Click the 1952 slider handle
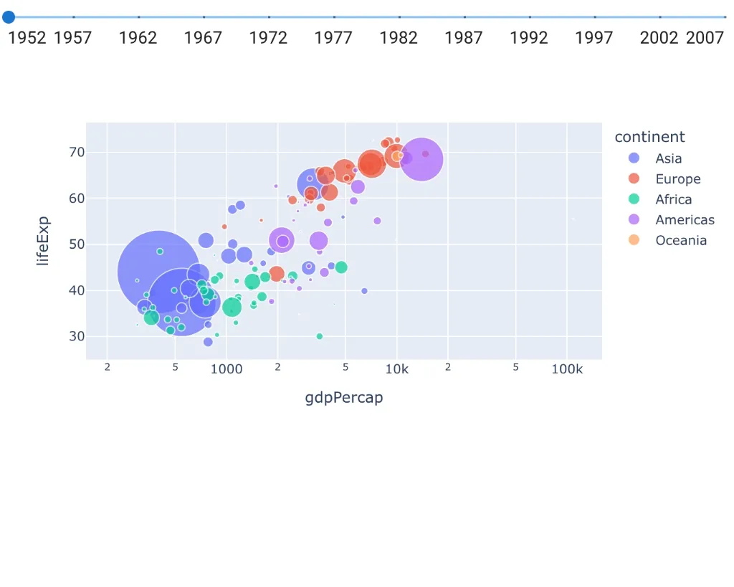tap(9, 16)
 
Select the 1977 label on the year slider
tap(333, 37)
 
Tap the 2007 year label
tap(705, 37)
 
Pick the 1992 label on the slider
tap(529, 37)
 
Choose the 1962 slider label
tap(138, 37)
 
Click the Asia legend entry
tap(668, 158)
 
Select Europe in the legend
tap(677, 179)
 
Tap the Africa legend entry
tap(673, 199)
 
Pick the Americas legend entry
tap(685, 220)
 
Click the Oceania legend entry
tap(681, 241)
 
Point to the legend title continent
tap(649, 137)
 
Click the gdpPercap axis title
tap(344, 398)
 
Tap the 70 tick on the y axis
tap(77, 152)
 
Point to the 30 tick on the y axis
tap(77, 336)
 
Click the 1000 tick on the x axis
tap(227, 369)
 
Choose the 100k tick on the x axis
tap(567, 369)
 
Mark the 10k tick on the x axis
tap(396, 369)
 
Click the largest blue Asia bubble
tap(158, 271)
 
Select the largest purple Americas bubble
tap(421, 159)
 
